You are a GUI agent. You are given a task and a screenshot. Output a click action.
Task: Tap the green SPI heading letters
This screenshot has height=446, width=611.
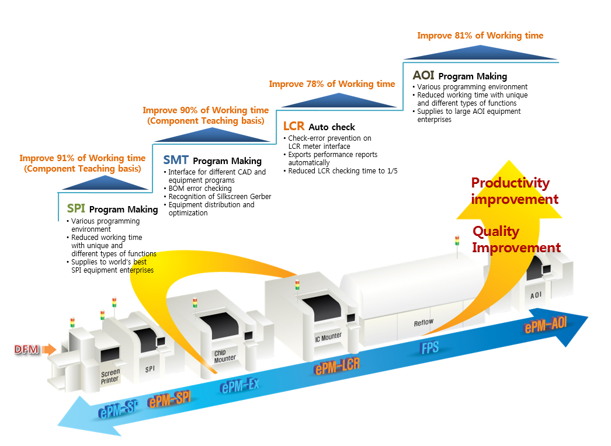[76, 208]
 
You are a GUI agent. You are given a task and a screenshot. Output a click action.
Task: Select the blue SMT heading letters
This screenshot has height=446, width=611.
[176, 160]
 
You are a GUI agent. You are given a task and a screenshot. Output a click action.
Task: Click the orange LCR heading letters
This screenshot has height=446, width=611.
[294, 126]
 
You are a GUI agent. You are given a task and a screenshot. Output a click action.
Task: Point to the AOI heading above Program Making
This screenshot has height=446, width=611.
[423, 75]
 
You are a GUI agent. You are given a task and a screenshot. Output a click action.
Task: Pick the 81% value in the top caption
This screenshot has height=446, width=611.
[463, 36]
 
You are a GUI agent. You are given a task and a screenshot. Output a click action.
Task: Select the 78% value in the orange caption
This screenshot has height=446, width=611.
[315, 84]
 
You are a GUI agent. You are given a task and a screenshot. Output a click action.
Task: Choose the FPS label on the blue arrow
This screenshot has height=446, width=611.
[430, 349]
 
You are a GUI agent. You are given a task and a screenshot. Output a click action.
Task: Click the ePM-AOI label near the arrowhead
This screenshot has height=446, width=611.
[546, 325]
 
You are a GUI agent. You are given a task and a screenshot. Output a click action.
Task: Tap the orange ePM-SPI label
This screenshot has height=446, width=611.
[169, 400]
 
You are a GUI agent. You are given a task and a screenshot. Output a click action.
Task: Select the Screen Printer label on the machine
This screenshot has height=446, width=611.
[110, 375]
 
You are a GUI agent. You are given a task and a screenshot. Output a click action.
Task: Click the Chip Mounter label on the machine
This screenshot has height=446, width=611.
[224, 356]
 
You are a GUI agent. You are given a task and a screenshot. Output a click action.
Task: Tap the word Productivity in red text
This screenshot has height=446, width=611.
[510, 183]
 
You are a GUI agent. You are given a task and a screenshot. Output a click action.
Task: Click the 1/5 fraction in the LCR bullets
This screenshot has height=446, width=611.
[391, 171]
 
